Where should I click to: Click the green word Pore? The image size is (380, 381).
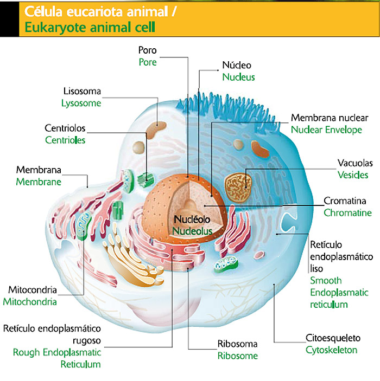147,62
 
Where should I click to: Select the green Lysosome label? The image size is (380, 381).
81,102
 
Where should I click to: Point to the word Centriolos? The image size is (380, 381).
65,128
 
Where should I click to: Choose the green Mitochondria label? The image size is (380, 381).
30,302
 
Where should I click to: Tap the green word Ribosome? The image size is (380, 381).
237,356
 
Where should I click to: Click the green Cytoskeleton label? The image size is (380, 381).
331,350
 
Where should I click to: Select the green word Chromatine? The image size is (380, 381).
347,213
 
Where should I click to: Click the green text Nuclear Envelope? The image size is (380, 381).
326,130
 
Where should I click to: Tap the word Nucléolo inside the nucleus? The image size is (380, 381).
192,220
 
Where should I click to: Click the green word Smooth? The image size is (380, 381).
326,281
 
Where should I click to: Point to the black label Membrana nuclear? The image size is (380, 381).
330,118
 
